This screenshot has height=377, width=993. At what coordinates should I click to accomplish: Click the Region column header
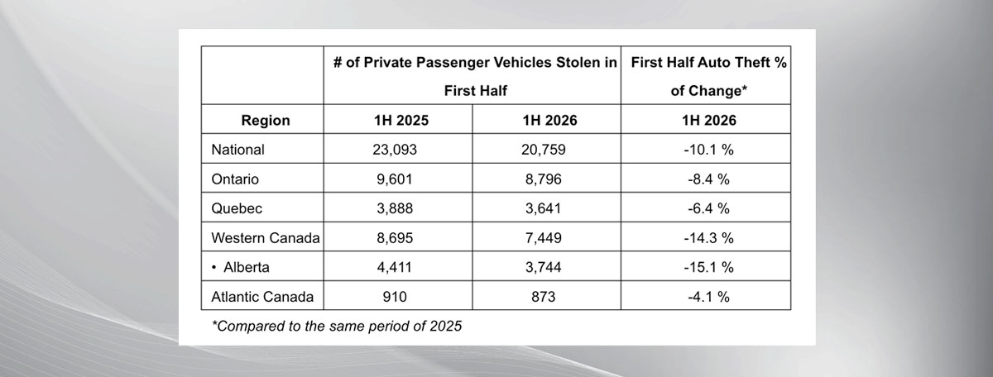(x=266, y=120)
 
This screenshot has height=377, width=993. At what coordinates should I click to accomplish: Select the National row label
(x=237, y=150)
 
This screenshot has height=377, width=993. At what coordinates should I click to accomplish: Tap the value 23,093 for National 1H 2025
(x=395, y=150)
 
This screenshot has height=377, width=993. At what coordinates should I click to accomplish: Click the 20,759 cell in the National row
(x=543, y=150)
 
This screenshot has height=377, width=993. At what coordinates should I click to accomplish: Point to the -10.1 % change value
(x=708, y=150)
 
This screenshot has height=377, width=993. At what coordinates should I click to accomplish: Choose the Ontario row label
(x=235, y=179)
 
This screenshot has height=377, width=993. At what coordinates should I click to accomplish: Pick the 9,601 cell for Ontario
(x=395, y=179)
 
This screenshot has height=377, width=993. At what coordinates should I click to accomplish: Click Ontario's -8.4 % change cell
(x=708, y=179)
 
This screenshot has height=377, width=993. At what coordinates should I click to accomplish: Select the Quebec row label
(x=237, y=208)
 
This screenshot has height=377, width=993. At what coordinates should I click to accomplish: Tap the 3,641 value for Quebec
(x=543, y=208)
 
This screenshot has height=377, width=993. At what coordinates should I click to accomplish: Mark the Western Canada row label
(x=266, y=238)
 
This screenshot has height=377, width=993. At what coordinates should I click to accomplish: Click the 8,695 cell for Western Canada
(x=395, y=238)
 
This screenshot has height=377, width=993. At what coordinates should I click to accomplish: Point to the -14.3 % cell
(x=708, y=238)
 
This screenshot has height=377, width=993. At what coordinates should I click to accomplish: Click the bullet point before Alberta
(x=214, y=267)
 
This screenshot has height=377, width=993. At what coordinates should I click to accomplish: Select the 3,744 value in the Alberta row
(x=543, y=267)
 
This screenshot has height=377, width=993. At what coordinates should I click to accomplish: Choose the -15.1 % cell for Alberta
(x=708, y=267)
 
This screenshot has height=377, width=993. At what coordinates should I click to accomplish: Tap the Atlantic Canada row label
(x=262, y=296)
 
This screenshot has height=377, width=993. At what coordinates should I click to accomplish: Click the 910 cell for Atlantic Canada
(x=395, y=296)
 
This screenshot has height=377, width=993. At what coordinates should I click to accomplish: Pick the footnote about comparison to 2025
(x=337, y=326)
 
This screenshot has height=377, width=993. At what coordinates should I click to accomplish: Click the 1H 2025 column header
(x=401, y=120)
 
